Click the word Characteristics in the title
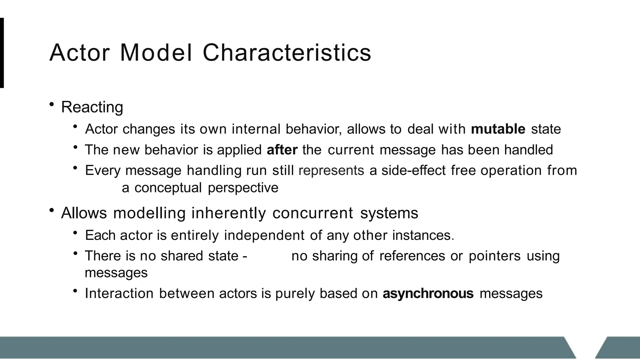287,52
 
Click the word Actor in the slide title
79,52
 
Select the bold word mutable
498,129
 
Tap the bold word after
282,150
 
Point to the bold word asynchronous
428,293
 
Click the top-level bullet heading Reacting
92,107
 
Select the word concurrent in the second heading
312,213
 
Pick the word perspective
243,188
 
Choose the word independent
264,235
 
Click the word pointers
494,256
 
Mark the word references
412,256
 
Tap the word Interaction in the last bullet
119,293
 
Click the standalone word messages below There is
116,273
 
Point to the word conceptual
168,188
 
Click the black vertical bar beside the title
2,52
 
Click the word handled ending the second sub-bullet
528,150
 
